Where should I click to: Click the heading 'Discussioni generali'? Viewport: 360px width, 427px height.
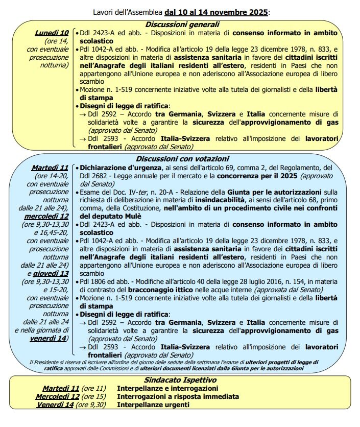[x=182, y=25]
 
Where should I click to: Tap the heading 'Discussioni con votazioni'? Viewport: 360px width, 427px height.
[x=182, y=159]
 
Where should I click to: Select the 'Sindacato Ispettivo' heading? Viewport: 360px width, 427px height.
[x=180, y=380]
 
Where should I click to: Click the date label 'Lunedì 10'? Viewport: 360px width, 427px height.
[x=52, y=33]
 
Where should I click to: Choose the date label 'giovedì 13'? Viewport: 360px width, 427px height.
[x=51, y=274]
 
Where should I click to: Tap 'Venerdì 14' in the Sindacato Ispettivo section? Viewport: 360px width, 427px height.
[x=56, y=405]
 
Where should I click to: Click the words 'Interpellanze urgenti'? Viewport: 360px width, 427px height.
[x=153, y=405]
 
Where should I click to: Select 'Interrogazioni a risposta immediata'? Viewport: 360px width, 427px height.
[x=178, y=396]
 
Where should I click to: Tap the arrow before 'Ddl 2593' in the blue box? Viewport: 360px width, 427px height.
[x=83, y=347]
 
